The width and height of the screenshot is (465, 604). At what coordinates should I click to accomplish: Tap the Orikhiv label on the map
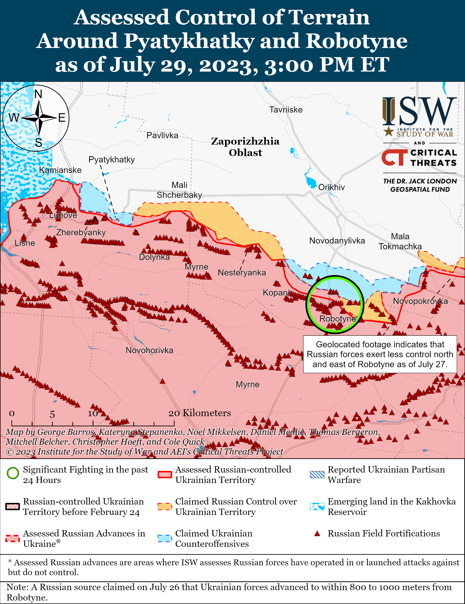(x=331, y=187)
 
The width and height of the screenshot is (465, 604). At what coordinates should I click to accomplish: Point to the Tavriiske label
(x=286, y=110)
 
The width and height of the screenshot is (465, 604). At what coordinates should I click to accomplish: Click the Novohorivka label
(x=149, y=350)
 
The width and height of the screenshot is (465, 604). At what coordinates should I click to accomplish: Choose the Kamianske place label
(x=60, y=170)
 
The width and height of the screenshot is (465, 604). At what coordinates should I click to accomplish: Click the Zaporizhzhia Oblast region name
(x=245, y=147)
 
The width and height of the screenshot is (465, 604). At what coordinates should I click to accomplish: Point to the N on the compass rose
(x=38, y=94)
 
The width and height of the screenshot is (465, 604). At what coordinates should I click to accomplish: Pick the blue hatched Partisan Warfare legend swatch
(x=317, y=475)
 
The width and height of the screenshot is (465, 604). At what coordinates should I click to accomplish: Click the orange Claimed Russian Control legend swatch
(x=165, y=506)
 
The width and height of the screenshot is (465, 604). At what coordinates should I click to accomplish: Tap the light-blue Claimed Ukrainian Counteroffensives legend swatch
(x=165, y=538)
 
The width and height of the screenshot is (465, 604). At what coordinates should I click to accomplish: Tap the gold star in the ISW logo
(x=389, y=131)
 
